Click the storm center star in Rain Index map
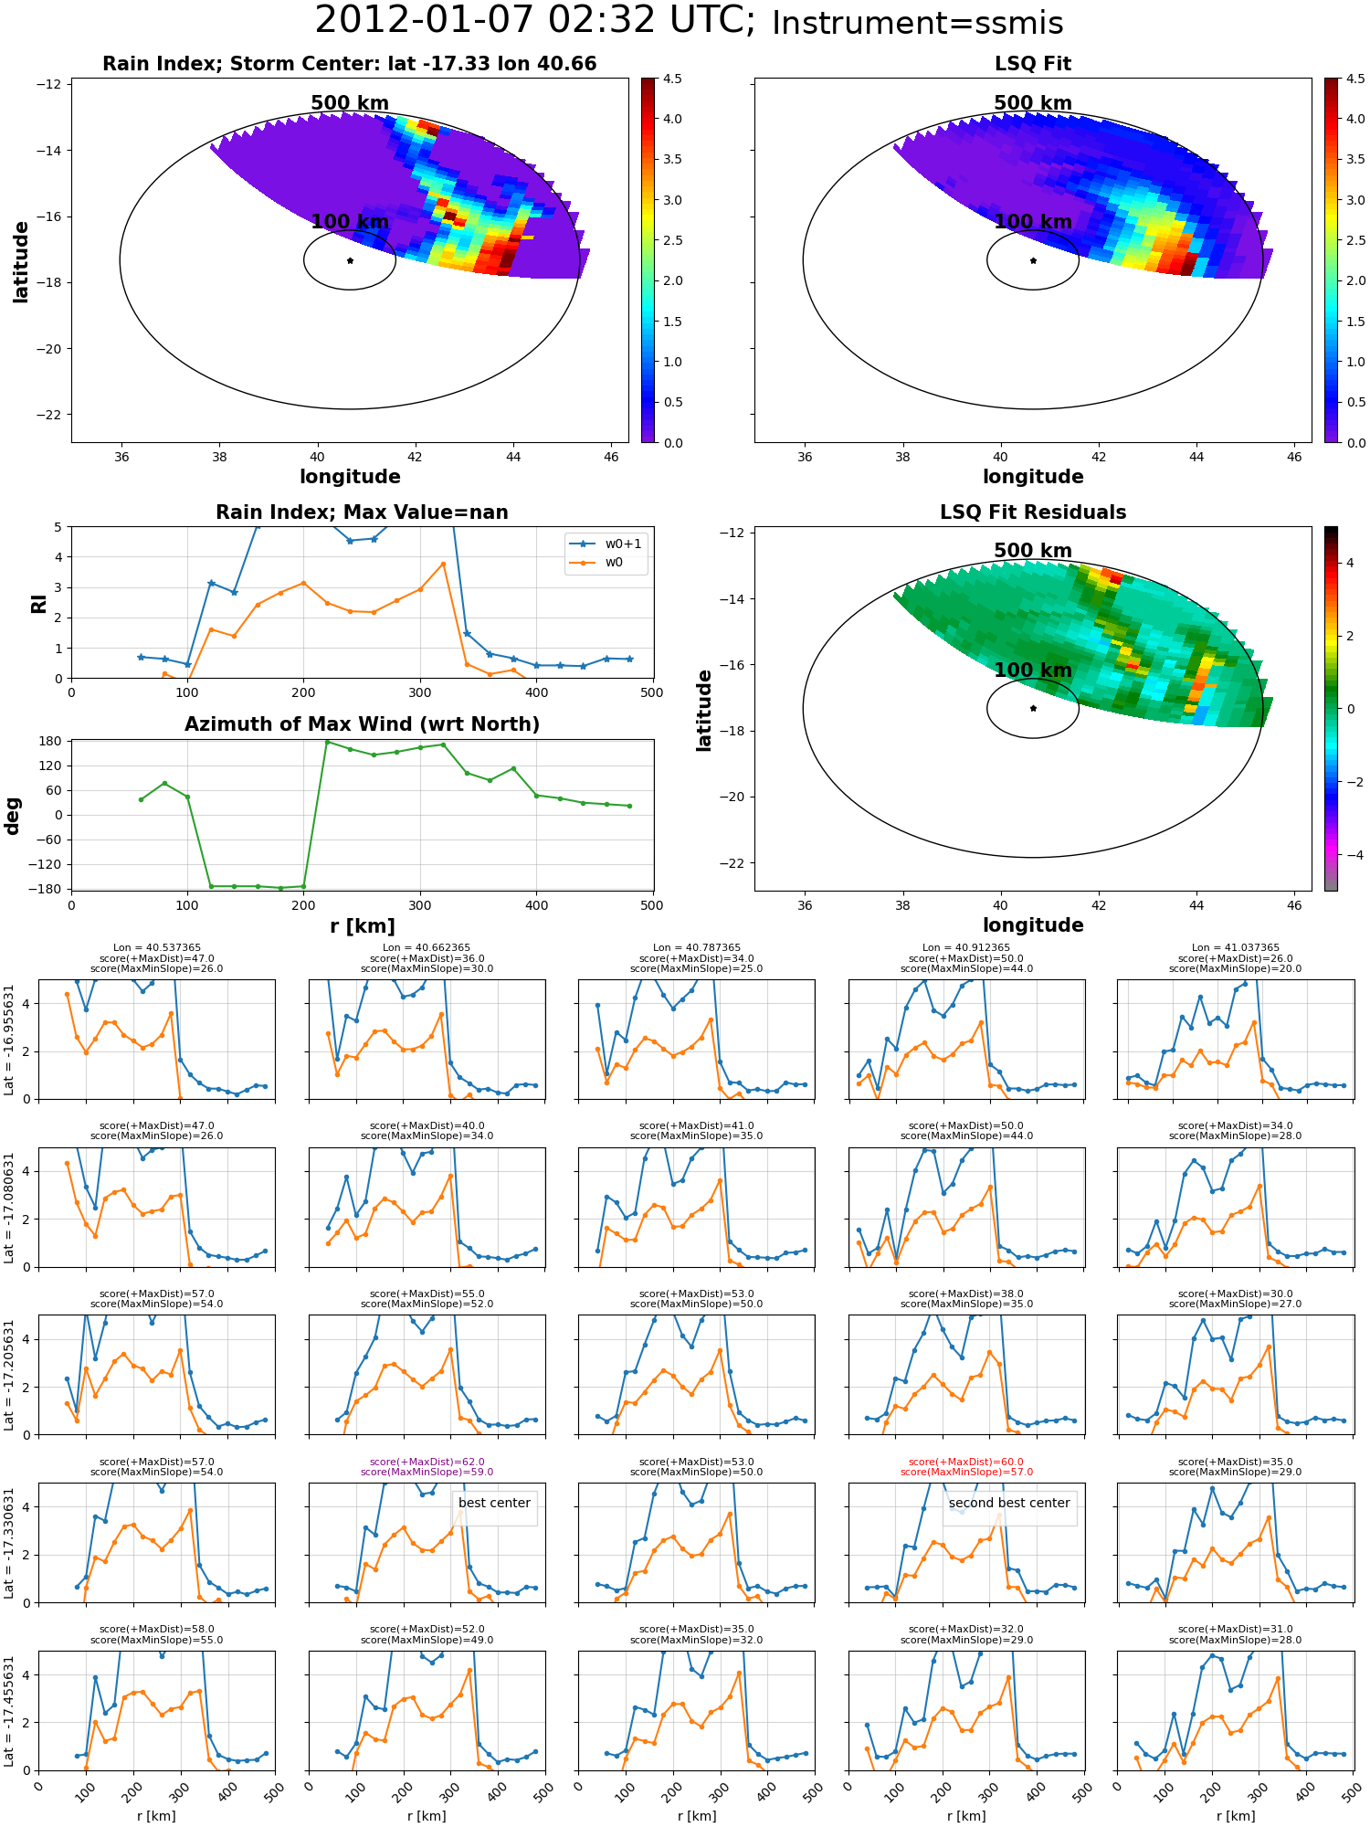pyautogui.click(x=350, y=260)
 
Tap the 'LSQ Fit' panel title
pyautogui.click(x=1032, y=64)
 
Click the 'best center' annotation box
pyautogui.click(x=494, y=1503)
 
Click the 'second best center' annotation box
pyautogui.click(x=1008, y=1503)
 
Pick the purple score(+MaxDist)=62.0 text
pyautogui.click(x=427, y=1462)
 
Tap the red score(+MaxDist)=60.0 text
pyautogui.click(x=966, y=1462)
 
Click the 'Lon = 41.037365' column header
pyautogui.click(x=1235, y=948)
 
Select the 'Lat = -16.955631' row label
pyautogui.click(x=9, y=1040)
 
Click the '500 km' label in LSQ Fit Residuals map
pyautogui.click(x=1032, y=551)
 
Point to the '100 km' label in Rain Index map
pyautogui.click(x=350, y=222)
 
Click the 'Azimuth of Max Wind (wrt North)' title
pyautogui.click(x=362, y=724)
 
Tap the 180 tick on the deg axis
pyautogui.click(x=50, y=741)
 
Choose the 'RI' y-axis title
pyautogui.click(x=38, y=603)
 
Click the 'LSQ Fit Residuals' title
pyautogui.click(x=1032, y=512)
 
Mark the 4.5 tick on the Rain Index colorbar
pyautogui.click(x=672, y=79)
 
